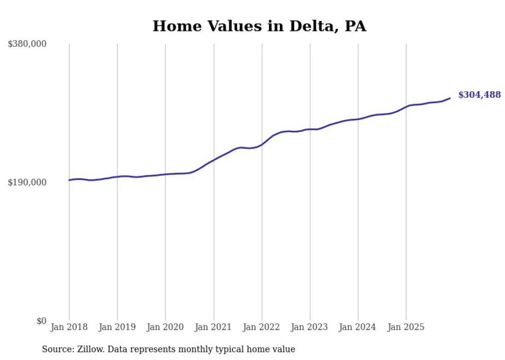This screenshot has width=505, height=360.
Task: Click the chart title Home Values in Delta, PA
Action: click(259, 26)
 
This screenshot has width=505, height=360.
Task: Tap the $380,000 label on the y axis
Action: click(27, 44)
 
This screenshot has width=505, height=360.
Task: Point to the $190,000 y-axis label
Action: click(27, 182)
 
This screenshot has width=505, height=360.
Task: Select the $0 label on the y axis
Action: click(41, 321)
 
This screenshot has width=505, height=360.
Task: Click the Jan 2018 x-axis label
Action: click(69, 327)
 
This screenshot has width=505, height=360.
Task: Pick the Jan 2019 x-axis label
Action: click(117, 327)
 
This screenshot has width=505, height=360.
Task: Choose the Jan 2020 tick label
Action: click(165, 327)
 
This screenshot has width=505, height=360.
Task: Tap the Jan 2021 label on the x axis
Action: click(213, 327)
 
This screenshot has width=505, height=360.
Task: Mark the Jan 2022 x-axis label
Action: click(262, 327)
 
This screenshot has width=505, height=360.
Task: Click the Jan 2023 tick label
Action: click(310, 327)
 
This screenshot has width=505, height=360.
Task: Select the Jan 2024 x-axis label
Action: click(358, 327)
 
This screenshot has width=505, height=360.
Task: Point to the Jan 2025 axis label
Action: click(406, 327)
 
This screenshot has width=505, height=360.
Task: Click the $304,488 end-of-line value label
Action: click(479, 95)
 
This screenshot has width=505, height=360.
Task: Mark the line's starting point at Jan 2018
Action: click(69, 180)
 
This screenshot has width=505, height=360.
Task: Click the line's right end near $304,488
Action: click(450, 98)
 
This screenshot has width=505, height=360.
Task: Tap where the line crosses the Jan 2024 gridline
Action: click(358, 119)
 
